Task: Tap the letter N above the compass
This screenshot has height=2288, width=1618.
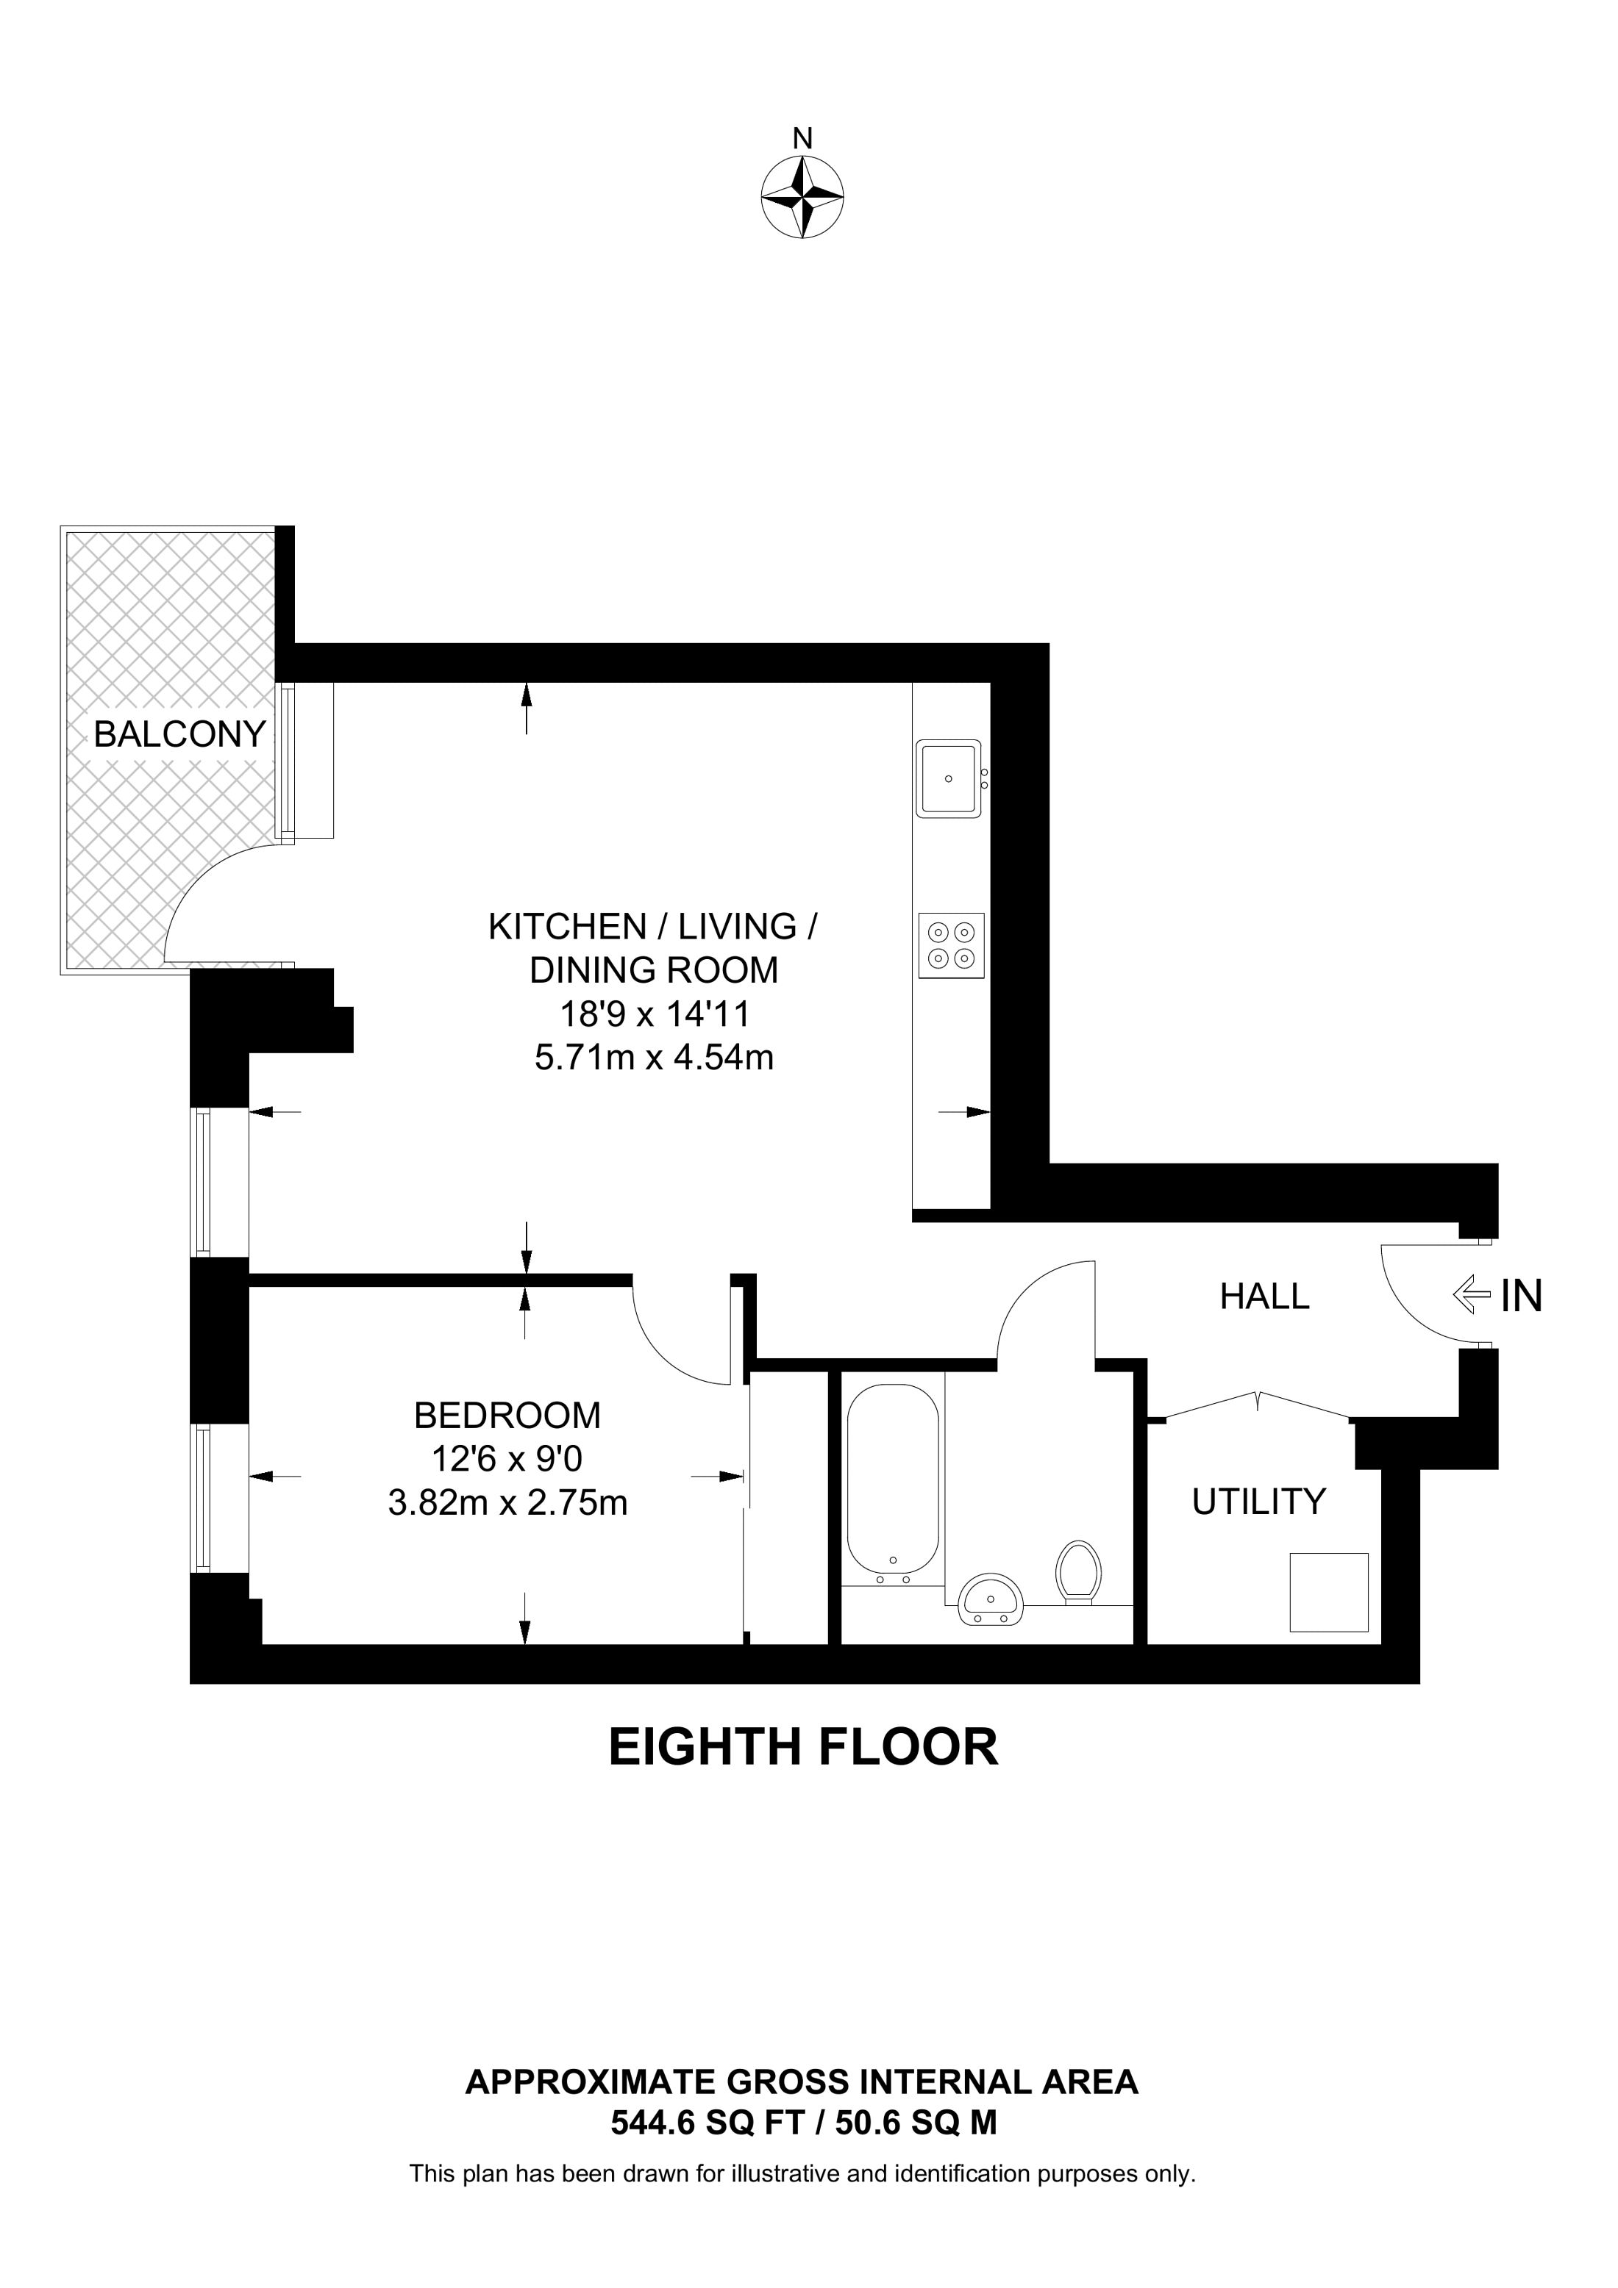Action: pyautogui.click(x=802, y=138)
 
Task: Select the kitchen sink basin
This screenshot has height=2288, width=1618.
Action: pyautogui.click(x=948, y=778)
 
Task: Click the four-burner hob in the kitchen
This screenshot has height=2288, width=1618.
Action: pyautogui.click(x=951, y=946)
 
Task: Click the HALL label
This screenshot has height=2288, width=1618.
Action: pyautogui.click(x=1264, y=1297)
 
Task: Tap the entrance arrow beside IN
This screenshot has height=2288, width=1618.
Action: pyautogui.click(x=1472, y=1297)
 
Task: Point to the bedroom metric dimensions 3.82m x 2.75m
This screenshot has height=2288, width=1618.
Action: pyautogui.click(x=507, y=1503)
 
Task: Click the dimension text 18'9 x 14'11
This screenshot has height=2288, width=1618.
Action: pyautogui.click(x=653, y=1014)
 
